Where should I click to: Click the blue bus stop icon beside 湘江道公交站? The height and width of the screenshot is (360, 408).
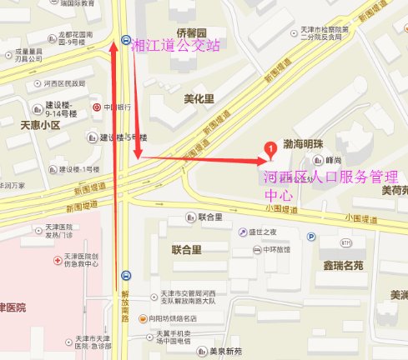125,39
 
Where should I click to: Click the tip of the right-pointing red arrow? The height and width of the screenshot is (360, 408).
265,160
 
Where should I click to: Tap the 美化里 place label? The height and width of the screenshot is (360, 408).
199,98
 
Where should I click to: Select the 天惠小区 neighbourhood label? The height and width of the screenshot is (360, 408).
40,125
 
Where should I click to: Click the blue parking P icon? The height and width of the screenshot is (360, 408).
311,236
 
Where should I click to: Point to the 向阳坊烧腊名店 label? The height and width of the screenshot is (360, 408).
172,318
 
